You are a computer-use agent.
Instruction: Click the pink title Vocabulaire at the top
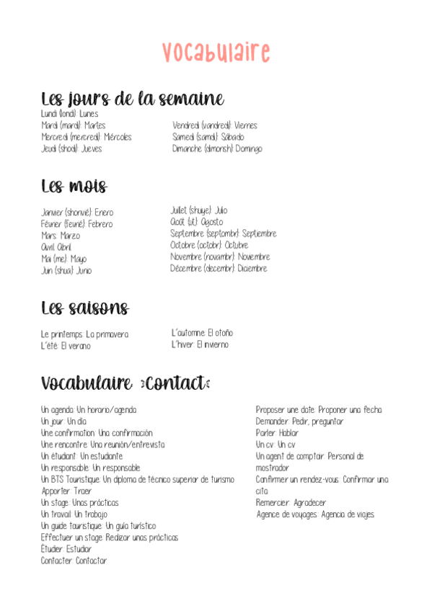(x=216, y=52)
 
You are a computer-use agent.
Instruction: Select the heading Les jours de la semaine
(x=132, y=99)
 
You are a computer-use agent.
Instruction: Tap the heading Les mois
(x=74, y=187)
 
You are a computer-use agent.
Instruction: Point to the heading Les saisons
(x=85, y=309)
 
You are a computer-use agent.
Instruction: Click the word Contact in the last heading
(x=177, y=384)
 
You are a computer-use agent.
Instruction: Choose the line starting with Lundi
(x=70, y=114)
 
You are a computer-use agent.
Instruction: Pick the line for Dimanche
(x=217, y=148)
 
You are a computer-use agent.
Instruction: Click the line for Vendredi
(x=215, y=125)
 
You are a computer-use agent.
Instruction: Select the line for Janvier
(x=77, y=213)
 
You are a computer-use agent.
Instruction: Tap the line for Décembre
(x=219, y=268)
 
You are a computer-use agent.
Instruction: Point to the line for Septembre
(x=223, y=233)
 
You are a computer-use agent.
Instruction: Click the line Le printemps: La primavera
(x=85, y=334)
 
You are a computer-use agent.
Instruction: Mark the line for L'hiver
(x=200, y=344)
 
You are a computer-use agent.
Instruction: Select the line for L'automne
(x=202, y=333)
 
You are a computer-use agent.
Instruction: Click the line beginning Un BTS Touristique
(x=138, y=479)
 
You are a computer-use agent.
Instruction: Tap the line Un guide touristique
(x=98, y=526)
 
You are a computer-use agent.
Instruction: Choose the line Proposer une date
(x=319, y=410)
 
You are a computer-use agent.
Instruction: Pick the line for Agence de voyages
(x=315, y=514)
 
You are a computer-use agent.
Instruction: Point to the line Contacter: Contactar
(x=74, y=561)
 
